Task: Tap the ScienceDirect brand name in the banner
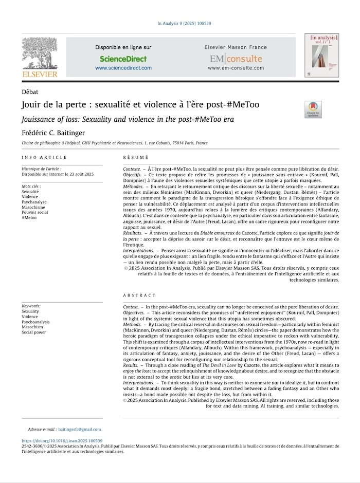click(123, 59)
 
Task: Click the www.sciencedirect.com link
click(123, 68)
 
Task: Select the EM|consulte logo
click(235, 59)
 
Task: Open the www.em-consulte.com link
click(235, 68)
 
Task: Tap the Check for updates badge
click(313, 109)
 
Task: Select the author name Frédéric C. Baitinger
click(57, 132)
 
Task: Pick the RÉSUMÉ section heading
click(136, 157)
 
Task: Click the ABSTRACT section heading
click(139, 295)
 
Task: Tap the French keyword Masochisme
click(33, 207)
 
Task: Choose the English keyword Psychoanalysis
click(36, 322)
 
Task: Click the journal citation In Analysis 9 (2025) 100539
click(184, 24)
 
